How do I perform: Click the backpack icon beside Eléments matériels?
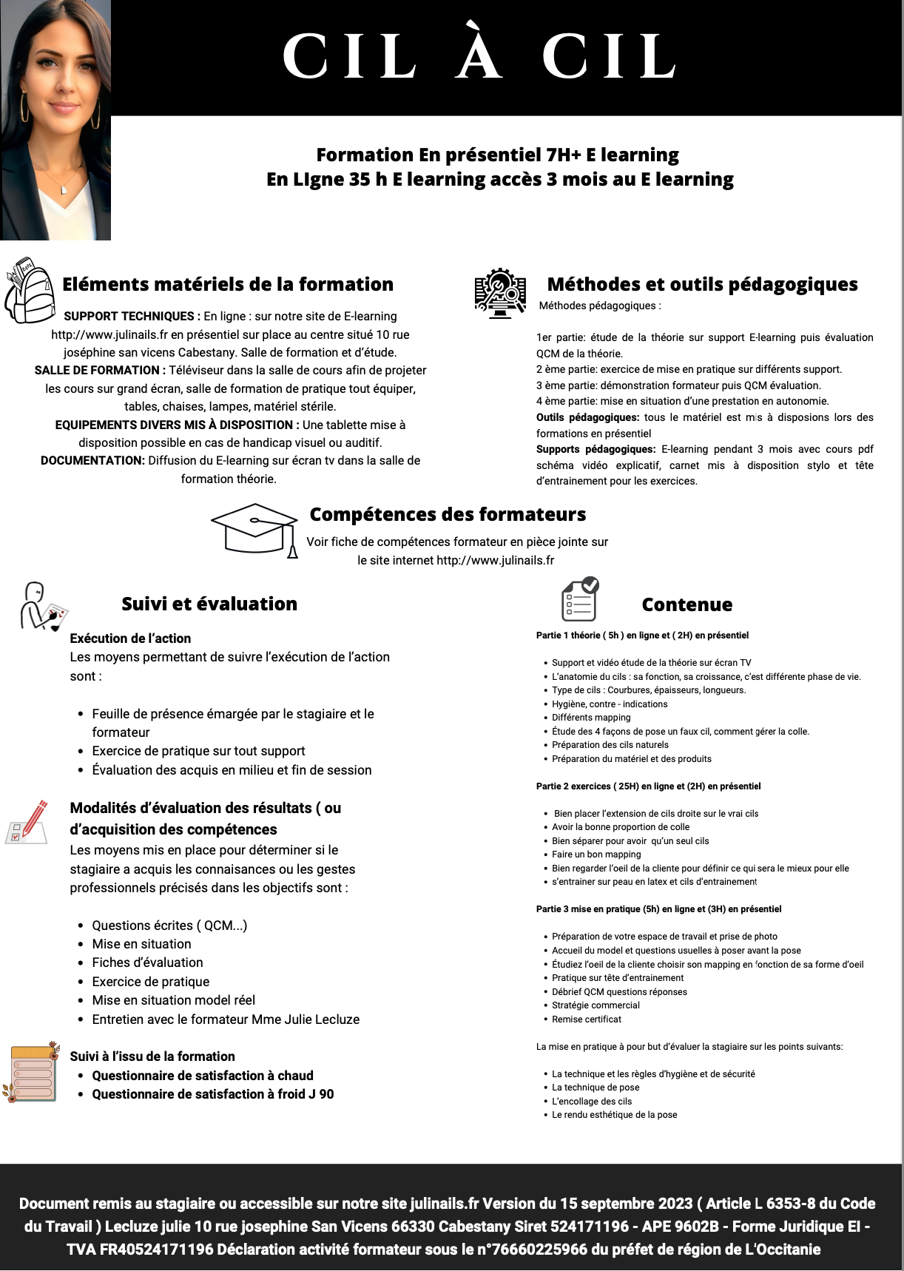click(30, 290)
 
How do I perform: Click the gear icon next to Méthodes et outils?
click(500, 292)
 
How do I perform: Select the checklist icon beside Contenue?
click(579, 599)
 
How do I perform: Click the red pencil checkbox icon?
click(28, 821)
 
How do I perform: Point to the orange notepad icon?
click(32, 1073)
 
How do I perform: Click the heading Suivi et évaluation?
click(209, 604)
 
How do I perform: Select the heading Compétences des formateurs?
click(448, 514)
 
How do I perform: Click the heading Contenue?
click(687, 604)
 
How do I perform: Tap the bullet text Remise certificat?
click(587, 1019)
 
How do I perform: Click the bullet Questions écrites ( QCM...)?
click(169, 926)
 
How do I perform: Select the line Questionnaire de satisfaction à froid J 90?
click(212, 1094)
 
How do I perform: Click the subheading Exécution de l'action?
click(130, 638)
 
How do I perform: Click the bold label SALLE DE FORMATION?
click(97, 370)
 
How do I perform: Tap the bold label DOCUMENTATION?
click(92, 460)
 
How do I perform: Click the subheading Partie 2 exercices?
click(648, 786)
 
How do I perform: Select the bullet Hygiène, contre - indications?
click(610, 704)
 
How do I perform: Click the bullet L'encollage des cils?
click(592, 1102)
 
